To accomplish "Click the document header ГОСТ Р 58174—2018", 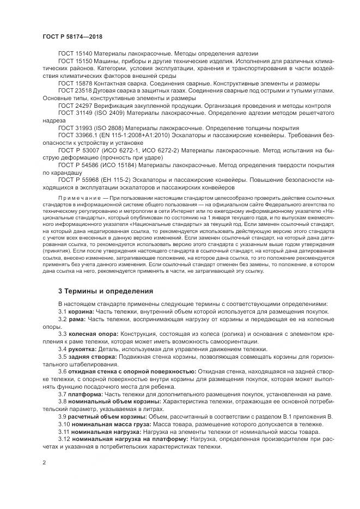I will click(72, 36).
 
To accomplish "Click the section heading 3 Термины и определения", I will click(106, 291).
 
